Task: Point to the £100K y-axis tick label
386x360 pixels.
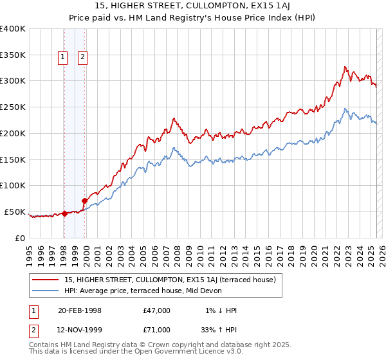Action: [13, 185]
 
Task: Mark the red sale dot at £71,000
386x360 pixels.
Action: [84, 201]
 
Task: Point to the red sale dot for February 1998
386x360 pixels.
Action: [64, 213]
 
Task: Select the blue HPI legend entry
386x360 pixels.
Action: [143, 291]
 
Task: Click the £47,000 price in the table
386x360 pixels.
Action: [157, 310]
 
